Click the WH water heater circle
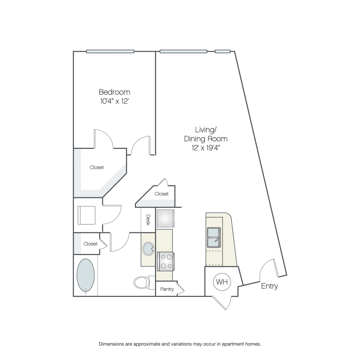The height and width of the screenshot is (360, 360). click(x=222, y=282)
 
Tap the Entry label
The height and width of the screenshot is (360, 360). click(x=270, y=286)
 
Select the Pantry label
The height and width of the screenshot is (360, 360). click(x=167, y=289)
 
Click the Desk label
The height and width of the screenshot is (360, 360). click(x=148, y=220)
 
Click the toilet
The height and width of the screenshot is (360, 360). click(x=144, y=282)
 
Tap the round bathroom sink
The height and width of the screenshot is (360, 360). click(x=148, y=249)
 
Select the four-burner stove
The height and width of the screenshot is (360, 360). click(x=166, y=262)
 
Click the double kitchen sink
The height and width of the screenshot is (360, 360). click(x=214, y=237)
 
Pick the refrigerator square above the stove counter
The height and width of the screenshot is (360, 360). click(x=165, y=218)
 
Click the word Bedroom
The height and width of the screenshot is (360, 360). click(x=114, y=92)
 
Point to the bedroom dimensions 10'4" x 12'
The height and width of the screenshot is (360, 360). click(x=114, y=101)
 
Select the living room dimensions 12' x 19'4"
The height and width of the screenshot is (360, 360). click(x=206, y=148)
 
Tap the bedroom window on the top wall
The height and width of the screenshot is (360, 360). click(x=110, y=52)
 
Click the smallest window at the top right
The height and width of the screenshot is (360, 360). click(x=222, y=52)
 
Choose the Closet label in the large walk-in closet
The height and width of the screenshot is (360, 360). click(x=97, y=167)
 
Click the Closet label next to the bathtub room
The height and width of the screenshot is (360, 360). click(x=90, y=244)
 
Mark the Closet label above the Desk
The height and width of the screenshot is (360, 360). click(x=162, y=194)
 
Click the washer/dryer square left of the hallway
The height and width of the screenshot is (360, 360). click(x=86, y=215)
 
